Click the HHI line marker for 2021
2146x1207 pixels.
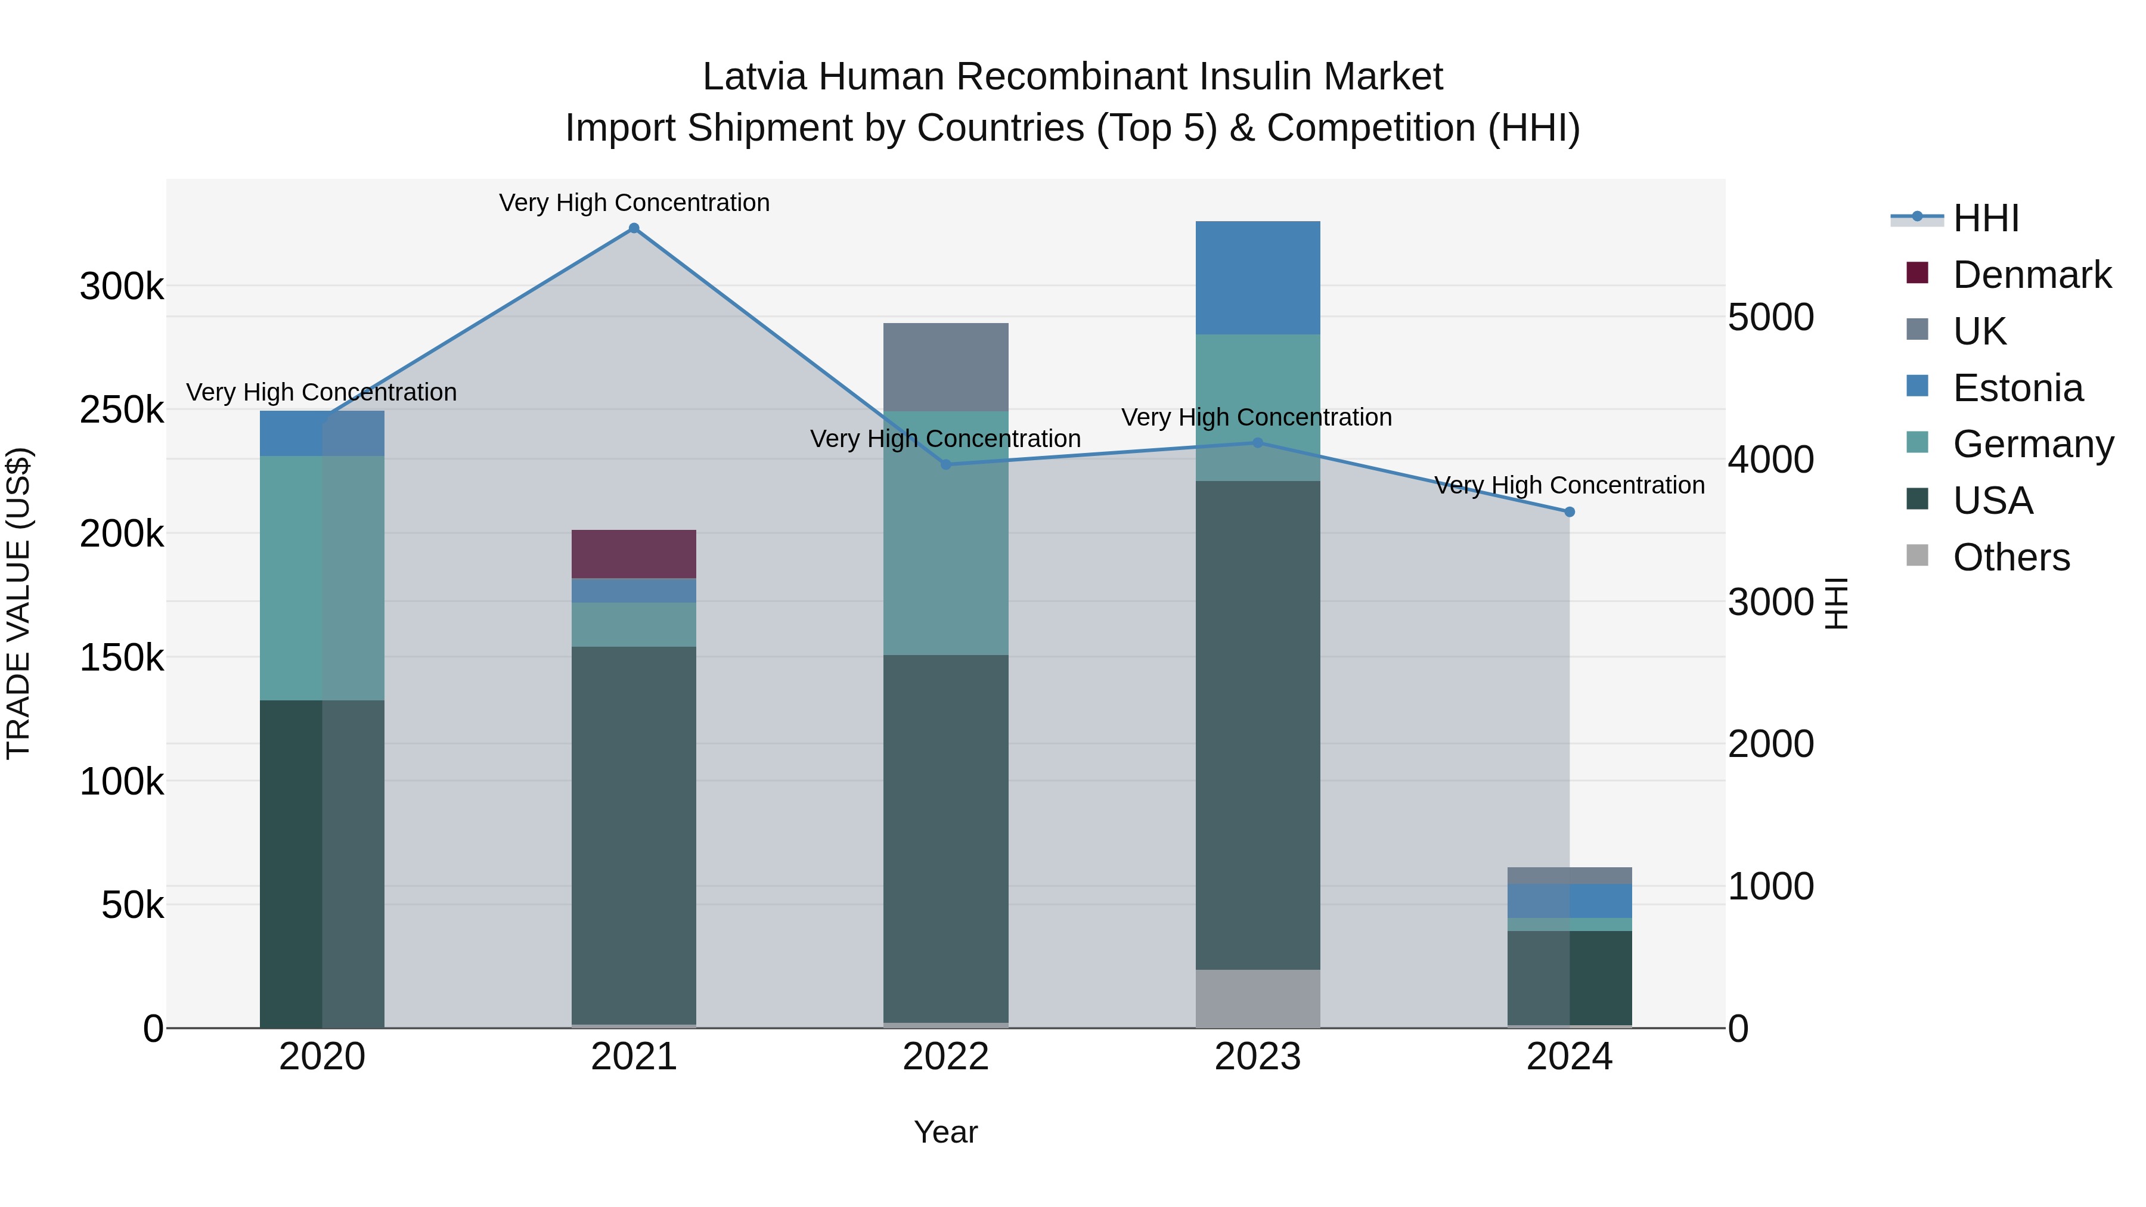[634, 228]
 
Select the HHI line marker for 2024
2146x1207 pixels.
[1570, 511]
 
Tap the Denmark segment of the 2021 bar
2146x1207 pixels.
[634, 554]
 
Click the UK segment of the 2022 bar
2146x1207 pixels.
[945, 367]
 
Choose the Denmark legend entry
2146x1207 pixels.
[2031, 275]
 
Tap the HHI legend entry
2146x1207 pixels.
[1985, 218]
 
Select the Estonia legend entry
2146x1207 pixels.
[2017, 388]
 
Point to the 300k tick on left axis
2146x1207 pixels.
[122, 287]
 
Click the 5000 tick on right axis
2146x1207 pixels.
[1771, 317]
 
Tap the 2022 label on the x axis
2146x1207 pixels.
[945, 1057]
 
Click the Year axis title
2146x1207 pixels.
[945, 1132]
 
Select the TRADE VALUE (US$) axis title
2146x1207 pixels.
[18, 603]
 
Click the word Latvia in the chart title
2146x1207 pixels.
[754, 77]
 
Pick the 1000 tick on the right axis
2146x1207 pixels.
[1771, 886]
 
